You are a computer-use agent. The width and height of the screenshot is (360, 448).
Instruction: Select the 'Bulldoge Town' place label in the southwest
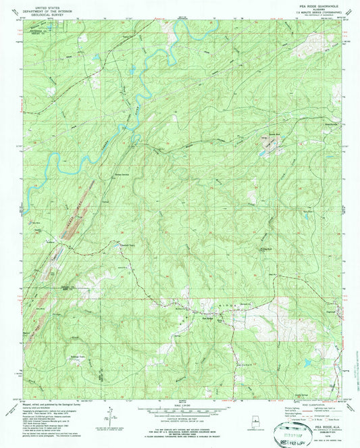[79, 357]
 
